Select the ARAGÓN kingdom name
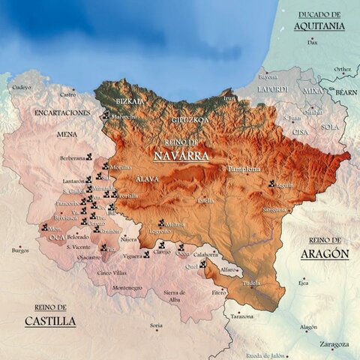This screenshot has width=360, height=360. (325, 253)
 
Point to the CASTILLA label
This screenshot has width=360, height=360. (49, 321)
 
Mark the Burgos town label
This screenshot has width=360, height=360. (20, 250)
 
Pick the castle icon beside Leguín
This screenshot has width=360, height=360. (271, 183)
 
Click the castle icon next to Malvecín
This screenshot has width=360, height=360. (106, 115)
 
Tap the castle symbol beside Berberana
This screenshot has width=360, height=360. (89, 157)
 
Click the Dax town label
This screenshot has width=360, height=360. (313, 43)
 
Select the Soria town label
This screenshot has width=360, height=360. (156, 325)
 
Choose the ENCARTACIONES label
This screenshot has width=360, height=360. (62, 112)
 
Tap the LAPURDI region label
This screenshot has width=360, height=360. (272, 89)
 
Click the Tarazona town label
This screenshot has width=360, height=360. (241, 316)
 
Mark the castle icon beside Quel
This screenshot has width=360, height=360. (202, 263)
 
